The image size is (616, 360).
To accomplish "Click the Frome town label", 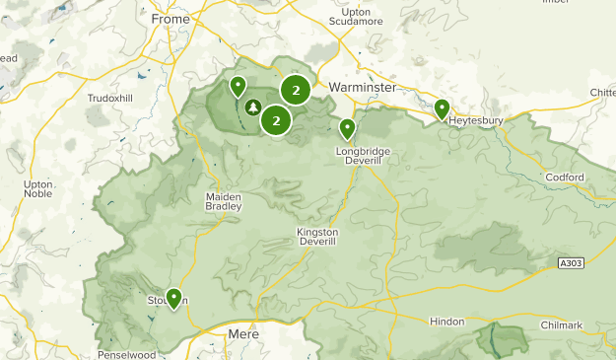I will pos(171,19).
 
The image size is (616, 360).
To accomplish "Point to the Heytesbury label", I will pos(476,121).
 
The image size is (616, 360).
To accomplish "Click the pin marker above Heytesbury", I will pos(442,108).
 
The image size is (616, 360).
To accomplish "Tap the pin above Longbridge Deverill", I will pos(347,128).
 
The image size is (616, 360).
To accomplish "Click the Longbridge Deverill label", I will pos(363,155).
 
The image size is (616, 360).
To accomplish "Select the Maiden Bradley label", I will pos(223,201).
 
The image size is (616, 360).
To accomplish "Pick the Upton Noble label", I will pos(38,189).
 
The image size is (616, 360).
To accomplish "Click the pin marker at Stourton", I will pos(173,297).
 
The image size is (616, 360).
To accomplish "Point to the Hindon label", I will pos(447,323).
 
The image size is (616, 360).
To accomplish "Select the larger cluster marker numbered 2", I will pos(296,91).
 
